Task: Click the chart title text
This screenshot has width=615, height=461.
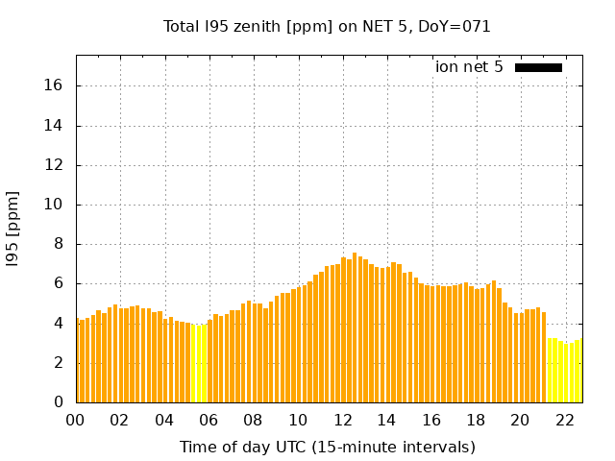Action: point(327,27)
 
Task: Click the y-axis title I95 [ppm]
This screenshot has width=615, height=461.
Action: point(13,228)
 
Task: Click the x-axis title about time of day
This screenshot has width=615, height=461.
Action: point(327,447)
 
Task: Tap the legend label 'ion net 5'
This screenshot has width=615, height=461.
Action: point(469,67)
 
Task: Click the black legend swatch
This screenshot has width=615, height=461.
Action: point(538,67)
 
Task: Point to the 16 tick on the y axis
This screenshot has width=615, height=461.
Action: point(54,85)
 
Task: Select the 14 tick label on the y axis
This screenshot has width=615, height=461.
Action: point(54,125)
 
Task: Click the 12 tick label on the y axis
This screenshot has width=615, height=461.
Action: point(54,165)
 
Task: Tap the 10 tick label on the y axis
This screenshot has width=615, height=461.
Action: point(54,205)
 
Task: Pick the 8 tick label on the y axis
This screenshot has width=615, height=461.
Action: point(58,244)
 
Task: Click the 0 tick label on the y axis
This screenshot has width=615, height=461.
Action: point(58,401)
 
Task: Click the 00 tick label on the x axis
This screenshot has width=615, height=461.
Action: point(75,420)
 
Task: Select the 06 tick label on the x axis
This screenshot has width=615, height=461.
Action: point(209,420)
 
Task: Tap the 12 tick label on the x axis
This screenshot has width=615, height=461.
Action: point(342,420)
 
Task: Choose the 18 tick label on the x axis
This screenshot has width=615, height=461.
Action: point(476,420)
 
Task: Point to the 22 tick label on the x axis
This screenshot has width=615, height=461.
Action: point(565,420)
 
